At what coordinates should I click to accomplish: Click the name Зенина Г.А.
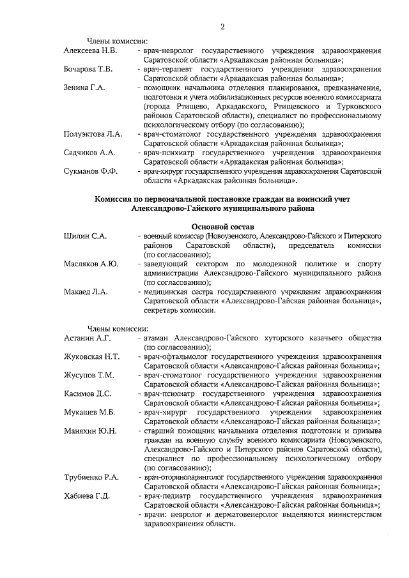coord(84,86)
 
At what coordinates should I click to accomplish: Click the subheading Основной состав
coord(223,227)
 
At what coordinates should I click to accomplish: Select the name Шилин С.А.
coord(86,236)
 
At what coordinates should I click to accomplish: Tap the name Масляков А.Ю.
coord(91,264)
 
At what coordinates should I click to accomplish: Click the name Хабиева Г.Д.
coord(87,496)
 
